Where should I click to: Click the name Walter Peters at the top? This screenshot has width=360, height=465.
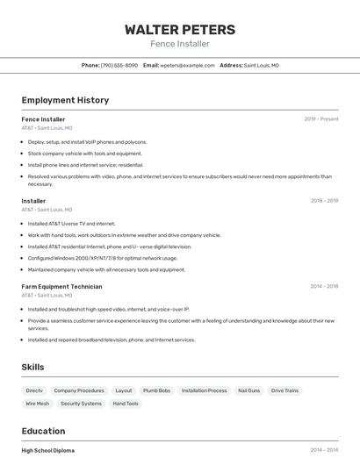[180, 29]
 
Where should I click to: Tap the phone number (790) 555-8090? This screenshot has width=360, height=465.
[119, 65]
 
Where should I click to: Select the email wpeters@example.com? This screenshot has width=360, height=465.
[186, 65]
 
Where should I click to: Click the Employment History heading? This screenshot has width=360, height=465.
[65, 100]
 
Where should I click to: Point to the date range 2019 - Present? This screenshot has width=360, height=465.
[321, 119]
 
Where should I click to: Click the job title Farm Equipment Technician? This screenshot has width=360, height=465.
[61, 286]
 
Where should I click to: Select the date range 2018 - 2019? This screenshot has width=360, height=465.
[324, 201]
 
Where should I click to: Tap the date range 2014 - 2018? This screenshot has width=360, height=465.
[324, 286]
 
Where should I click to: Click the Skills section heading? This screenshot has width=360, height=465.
[33, 367]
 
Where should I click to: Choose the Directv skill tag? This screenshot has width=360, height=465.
[34, 390]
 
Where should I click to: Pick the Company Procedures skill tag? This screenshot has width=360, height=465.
[79, 390]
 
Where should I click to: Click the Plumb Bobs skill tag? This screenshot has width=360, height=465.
[156, 390]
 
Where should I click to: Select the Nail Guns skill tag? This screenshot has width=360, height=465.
[248, 390]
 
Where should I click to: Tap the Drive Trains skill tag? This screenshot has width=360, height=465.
[284, 390]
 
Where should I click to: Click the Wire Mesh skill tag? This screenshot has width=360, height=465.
[37, 404]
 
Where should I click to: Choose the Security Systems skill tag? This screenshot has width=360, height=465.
[80, 404]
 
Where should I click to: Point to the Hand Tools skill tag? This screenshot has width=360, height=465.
[126, 404]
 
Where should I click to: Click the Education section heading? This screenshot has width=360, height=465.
[43, 431]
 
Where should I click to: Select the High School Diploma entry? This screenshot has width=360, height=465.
[48, 450]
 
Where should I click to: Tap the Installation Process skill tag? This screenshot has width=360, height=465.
[204, 390]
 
